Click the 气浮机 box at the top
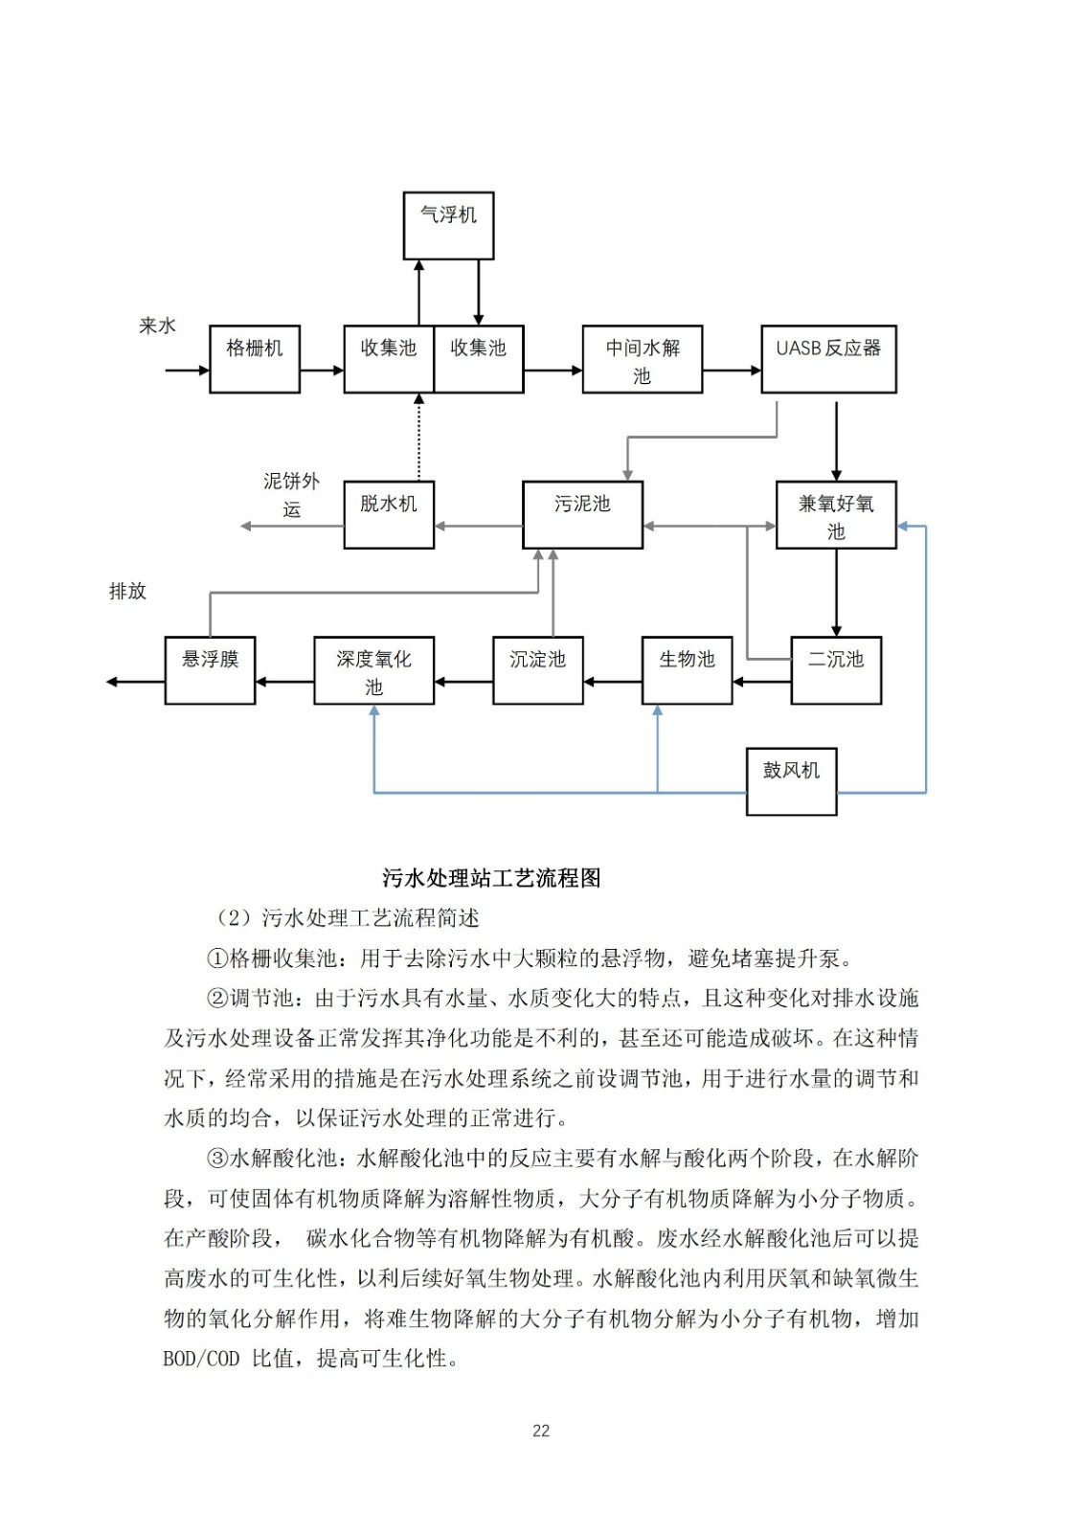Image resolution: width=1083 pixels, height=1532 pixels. [448, 225]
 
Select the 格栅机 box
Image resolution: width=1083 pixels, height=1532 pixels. [255, 359]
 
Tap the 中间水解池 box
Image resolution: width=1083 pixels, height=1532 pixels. [642, 359]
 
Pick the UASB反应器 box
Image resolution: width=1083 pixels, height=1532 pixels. [828, 359]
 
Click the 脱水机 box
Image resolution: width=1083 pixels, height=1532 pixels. [389, 514]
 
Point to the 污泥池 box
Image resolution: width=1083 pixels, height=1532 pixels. [582, 514]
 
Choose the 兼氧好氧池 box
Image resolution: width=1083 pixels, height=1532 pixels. [836, 514]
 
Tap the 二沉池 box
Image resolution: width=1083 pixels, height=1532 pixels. [836, 670]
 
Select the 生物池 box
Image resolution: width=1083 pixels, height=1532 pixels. [687, 670]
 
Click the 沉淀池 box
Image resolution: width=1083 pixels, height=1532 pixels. [538, 670]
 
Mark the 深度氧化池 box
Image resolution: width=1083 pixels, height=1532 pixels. [373, 670]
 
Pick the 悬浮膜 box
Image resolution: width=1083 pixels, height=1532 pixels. [210, 670]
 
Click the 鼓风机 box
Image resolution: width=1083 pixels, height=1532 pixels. [791, 781]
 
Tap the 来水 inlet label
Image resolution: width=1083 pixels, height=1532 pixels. [158, 327]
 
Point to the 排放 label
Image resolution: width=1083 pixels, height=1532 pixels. [127, 591]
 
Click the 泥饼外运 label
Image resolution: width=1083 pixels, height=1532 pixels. [291, 494]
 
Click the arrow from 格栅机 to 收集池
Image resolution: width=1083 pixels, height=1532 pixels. [322, 371]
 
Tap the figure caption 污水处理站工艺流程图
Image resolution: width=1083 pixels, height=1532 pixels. [491, 878]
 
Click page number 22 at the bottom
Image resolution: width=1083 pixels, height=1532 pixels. [541, 1431]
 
